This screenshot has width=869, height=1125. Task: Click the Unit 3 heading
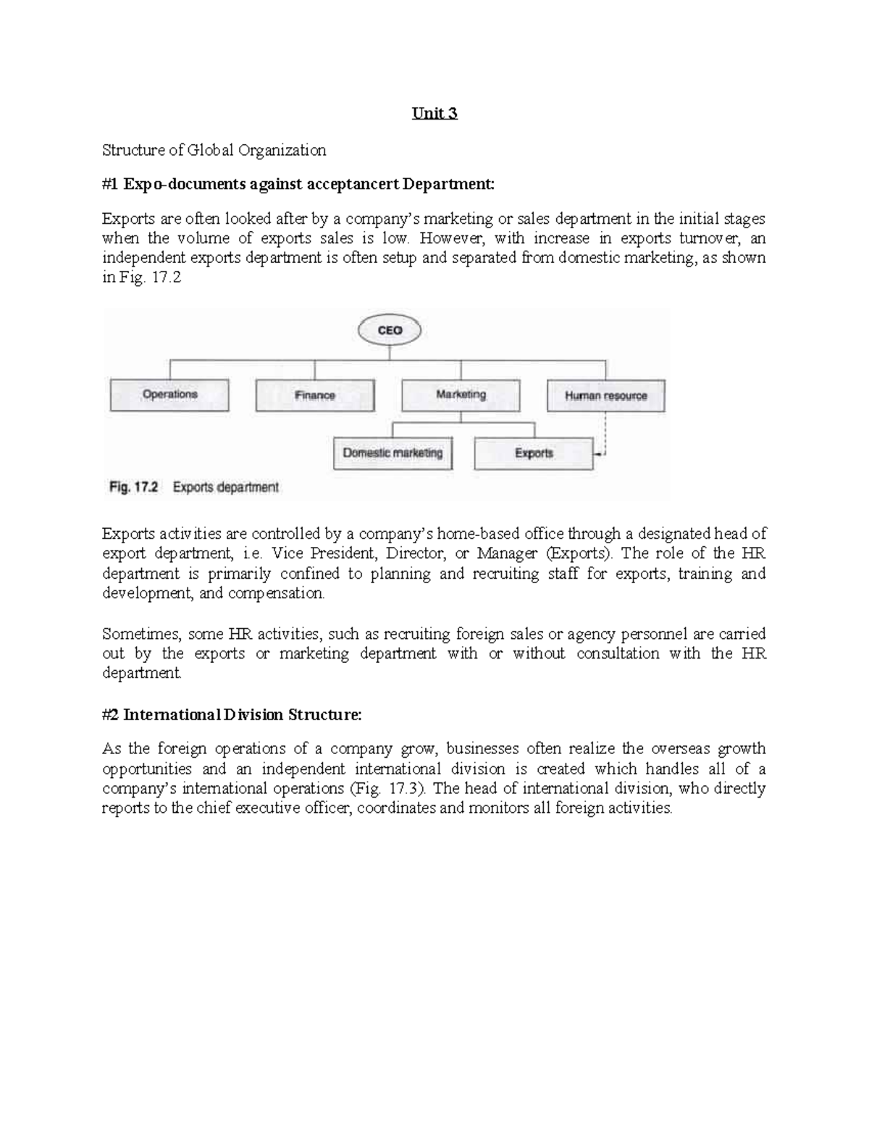click(x=434, y=114)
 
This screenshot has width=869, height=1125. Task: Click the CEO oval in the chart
click(x=390, y=330)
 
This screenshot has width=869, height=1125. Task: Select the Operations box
click(x=169, y=395)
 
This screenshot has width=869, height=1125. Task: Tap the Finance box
click(x=315, y=396)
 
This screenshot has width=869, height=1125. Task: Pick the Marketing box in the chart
click(x=461, y=395)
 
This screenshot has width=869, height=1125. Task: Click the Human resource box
click(x=605, y=396)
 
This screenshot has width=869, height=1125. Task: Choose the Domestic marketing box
click(x=392, y=453)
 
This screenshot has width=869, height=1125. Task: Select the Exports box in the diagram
click(x=534, y=453)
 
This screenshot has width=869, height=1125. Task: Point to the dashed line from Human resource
click(x=605, y=435)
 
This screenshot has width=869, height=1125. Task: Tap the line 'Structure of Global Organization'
click(x=214, y=150)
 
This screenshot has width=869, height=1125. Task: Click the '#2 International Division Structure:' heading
click(x=231, y=715)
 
